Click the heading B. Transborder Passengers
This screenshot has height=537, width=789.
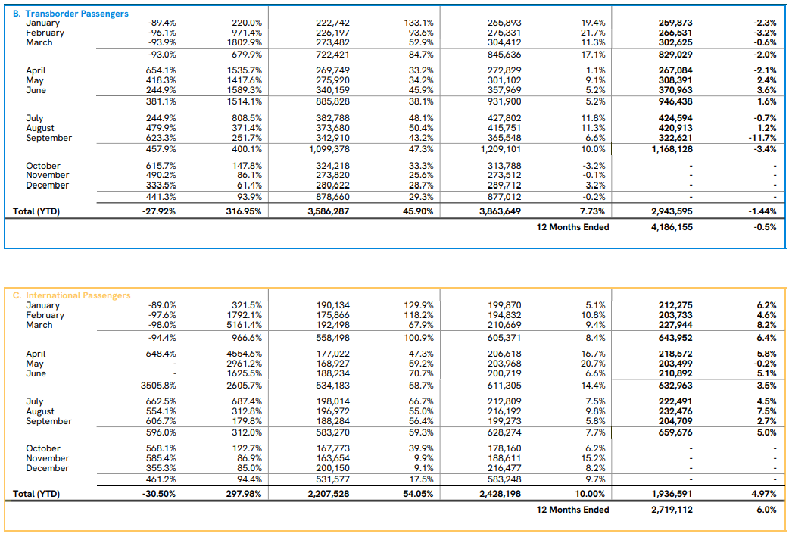click(x=70, y=14)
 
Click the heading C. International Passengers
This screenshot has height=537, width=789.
click(x=71, y=295)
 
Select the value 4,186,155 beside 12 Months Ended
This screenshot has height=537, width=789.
click(x=672, y=226)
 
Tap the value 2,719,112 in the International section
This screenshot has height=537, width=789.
click(x=672, y=510)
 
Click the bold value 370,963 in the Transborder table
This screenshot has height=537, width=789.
click(x=675, y=90)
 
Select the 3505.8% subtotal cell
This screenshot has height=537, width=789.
click(x=158, y=386)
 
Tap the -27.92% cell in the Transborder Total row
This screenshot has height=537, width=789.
click(x=160, y=211)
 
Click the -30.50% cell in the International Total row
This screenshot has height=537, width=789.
click(x=160, y=494)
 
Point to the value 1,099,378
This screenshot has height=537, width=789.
click(x=329, y=149)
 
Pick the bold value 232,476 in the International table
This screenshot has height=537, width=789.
click(x=675, y=411)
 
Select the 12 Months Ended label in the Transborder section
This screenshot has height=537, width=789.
click(x=572, y=226)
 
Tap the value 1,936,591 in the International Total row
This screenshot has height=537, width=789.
click(x=672, y=494)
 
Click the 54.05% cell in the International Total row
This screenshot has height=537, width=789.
click(x=418, y=494)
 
